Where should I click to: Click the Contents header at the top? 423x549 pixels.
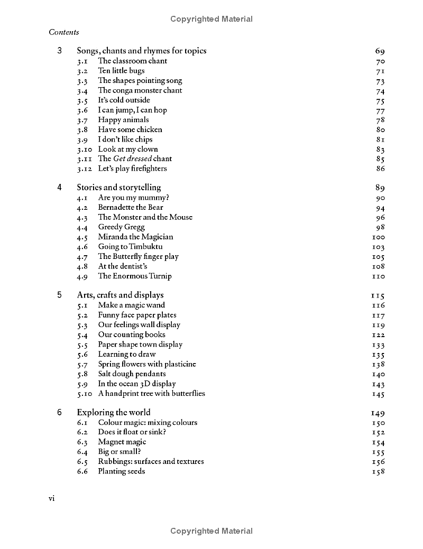click(64, 32)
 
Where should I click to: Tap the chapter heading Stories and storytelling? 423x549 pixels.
click(118, 188)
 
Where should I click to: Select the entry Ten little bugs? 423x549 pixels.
click(121, 71)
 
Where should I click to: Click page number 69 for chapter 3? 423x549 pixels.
click(380, 51)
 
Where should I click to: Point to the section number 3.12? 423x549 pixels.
click(85, 169)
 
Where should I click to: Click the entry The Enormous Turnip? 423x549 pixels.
click(135, 276)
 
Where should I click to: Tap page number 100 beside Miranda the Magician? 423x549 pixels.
click(379, 237)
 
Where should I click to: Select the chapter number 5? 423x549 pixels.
click(60, 295)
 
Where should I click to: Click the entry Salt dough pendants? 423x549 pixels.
click(132, 374)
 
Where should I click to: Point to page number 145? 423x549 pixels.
click(379, 394)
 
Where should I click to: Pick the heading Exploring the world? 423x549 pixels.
click(114, 413)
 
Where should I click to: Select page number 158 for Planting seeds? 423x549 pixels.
click(379, 472)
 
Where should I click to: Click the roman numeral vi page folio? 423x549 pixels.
click(52, 498)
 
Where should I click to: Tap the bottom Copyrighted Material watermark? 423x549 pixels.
click(212, 531)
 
